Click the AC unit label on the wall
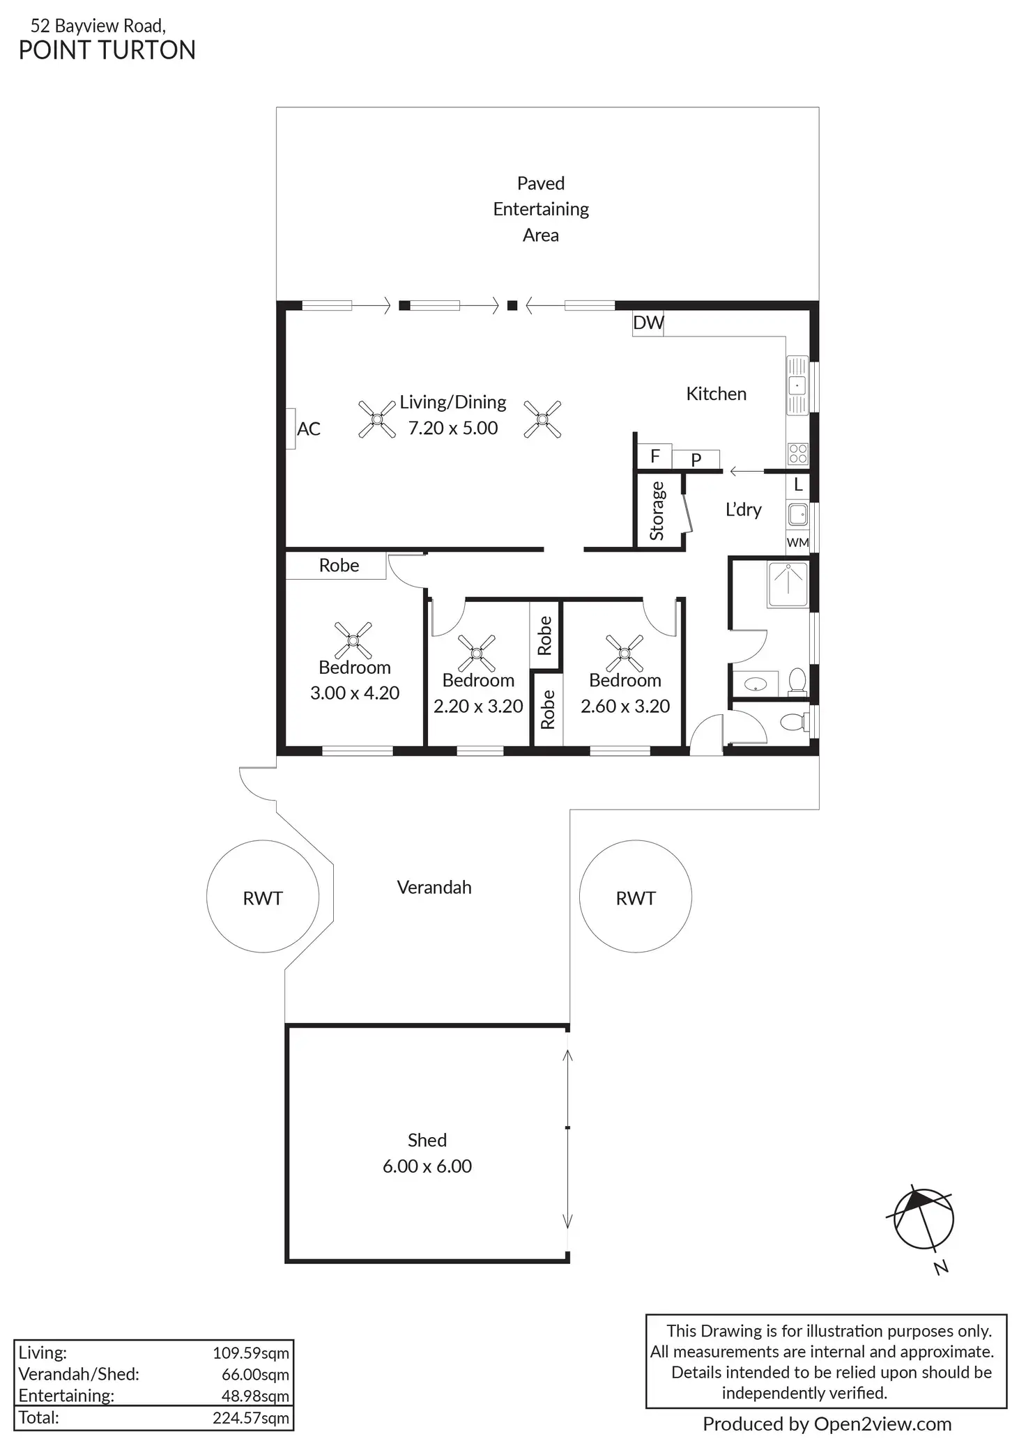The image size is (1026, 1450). pyautogui.click(x=308, y=429)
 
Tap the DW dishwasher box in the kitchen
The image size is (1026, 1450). pyautogui.click(x=648, y=323)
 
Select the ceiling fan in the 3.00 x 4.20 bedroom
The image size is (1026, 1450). pyautogui.click(x=353, y=640)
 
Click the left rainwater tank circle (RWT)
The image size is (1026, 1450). pyautogui.click(x=263, y=897)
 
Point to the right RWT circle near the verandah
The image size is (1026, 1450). pyautogui.click(x=635, y=897)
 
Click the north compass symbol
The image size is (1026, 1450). pyautogui.click(x=923, y=1220)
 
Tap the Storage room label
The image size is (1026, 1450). pyautogui.click(x=657, y=511)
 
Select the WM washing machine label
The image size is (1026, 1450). pyautogui.click(x=797, y=542)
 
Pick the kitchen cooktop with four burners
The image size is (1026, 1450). pyautogui.click(x=797, y=454)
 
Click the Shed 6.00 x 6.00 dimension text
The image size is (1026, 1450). pyautogui.click(x=427, y=1166)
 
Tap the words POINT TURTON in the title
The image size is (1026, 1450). pyautogui.click(x=107, y=51)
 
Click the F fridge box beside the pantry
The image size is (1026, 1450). pyautogui.click(x=654, y=456)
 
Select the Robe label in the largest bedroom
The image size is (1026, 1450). pyautogui.click(x=339, y=565)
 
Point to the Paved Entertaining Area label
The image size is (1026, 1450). pyautogui.click(x=541, y=209)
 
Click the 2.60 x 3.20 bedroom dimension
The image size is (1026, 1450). pyautogui.click(x=625, y=706)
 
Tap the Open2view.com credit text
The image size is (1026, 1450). pyautogui.click(x=827, y=1424)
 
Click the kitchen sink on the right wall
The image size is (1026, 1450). pyautogui.click(x=797, y=385)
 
